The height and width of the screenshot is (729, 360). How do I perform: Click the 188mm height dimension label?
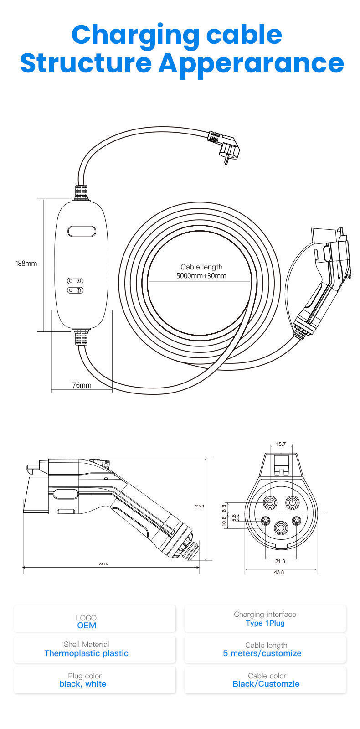point(26,263)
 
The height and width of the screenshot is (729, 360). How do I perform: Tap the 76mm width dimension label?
point(82,385)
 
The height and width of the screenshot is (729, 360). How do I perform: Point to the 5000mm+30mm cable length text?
point(201,276)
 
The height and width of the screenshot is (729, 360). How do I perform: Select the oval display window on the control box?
point(82,231)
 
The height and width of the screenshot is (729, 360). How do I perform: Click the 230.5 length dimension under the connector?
point(103,564)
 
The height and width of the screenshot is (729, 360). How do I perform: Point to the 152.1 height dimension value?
point(200,506)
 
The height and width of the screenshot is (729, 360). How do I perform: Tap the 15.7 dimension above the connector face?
point(281,444)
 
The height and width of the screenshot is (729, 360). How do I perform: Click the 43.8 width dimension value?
point(279,572)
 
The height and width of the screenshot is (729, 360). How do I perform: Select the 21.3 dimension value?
point(280,561)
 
